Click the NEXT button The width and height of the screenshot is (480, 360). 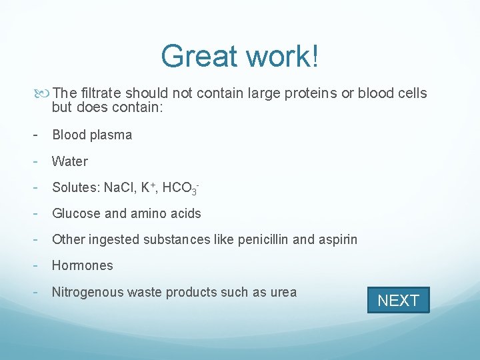click(x=398, y=300)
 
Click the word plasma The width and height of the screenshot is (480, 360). click(x=112, y=135)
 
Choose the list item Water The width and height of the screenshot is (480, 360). click(x=70, y=161)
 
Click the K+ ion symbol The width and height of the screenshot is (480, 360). click(x=149, y=187)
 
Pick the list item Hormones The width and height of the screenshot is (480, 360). click(x=83, y=265)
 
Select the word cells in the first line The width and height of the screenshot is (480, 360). click(x=411, y=93)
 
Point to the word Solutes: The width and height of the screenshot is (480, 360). click(x=75, y=188)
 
